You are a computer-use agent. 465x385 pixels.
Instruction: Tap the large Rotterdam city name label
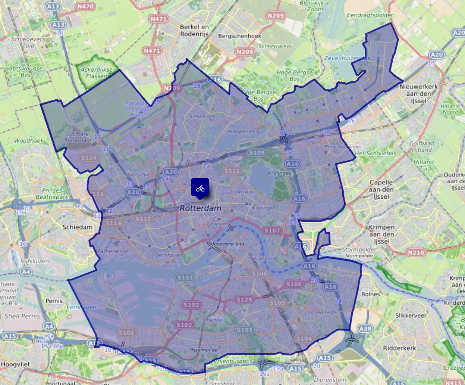pos(201,208)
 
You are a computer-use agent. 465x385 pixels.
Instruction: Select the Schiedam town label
pos(77,227)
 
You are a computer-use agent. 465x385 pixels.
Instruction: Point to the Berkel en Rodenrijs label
pos(194,30)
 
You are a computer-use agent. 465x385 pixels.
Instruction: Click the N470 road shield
pos(85,6)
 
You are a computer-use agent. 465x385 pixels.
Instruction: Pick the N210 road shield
pos(416,252)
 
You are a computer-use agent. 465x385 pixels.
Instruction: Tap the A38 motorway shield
pos(365,328)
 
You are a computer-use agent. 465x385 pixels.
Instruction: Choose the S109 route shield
pos(257,152)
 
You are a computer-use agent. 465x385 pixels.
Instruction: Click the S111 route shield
pos(232,171)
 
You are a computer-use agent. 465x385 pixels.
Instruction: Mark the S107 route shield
pos(272,230)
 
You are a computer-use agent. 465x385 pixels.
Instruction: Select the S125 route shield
pos(244,299)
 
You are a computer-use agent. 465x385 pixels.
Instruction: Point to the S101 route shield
pos(126,332)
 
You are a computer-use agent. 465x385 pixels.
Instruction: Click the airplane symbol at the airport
pos(140,124)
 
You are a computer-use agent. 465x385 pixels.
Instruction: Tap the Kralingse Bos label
pos(280,176)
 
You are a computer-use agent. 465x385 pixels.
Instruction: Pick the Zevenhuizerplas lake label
pos(347,58)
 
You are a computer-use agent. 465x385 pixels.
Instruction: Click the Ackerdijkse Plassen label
pos(97,72)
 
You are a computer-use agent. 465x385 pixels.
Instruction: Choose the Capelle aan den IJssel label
pos(381,189)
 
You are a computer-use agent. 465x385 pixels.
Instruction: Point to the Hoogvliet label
pos(15,364)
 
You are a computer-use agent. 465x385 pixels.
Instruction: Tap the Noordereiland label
pos(228,244)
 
